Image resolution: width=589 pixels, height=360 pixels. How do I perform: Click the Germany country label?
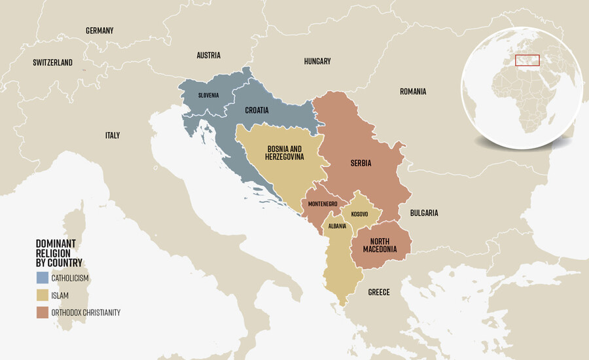[99, 31]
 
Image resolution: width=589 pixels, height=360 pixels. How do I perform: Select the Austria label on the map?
[209, 56]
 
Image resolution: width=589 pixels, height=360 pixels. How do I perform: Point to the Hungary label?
[317, 62]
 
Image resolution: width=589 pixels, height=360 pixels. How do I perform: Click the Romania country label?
[413, 92]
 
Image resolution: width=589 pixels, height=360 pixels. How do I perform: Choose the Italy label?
[113, 135]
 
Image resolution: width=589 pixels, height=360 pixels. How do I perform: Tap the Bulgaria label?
[424, 213]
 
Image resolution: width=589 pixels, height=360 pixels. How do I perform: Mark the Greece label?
[379, 293]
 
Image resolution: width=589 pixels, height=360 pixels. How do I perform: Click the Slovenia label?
[209, 96]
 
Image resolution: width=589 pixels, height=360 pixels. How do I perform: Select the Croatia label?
[257, 111]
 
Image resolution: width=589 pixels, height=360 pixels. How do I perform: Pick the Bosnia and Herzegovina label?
[285, 153]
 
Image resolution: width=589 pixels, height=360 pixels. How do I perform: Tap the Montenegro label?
[323, 204]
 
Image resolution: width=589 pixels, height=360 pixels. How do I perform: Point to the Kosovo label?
[359, 215]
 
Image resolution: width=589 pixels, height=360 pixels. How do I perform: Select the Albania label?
[338, 226]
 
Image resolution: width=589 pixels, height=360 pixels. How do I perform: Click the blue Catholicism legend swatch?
[42, 278]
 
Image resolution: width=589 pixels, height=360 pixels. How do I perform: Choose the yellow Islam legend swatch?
[42, 295]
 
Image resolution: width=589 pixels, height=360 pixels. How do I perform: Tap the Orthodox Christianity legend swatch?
[42, 312]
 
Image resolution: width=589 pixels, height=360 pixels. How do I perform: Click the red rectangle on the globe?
[527, 60]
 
